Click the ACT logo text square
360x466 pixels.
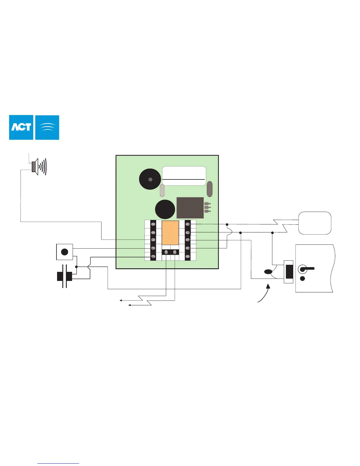click(x=21, y=127)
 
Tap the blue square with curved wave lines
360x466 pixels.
click(x=47, y=127)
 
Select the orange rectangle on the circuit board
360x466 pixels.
click(x=170, y=232)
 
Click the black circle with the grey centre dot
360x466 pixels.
click(x=150, y=179)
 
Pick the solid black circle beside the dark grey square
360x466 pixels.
click(x=165, y=209)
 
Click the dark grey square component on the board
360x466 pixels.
click(x=190, y=208)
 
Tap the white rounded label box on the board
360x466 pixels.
click(x=184, y=176)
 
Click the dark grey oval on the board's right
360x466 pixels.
click(x=209, y=189)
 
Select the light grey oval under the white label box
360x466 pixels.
click(x=162, y=190)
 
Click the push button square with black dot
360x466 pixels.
click(x=64, y=252)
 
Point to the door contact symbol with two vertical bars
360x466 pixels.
click(x=64, y=276)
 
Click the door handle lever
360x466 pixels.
click(x=308, y=268)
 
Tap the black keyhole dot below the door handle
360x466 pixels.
click(x=302, y=279)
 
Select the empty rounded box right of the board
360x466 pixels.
click(x=315, y=223)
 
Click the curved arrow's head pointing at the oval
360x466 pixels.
click(x=268, y=286)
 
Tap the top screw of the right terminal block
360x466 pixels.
click(x=188, y=225)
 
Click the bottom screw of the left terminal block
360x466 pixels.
click(x=153, y=257)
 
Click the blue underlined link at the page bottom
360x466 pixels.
click(x=58, y=463)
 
